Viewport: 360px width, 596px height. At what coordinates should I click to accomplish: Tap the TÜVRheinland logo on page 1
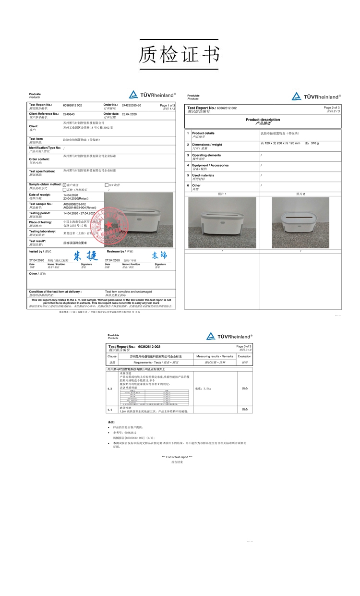153,95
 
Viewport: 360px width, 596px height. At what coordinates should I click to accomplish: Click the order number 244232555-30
132,104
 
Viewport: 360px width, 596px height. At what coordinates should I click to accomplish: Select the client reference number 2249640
69,114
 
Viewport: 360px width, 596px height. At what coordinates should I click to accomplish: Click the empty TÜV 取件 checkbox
106,184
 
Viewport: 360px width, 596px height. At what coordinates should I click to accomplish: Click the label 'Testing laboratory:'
42,231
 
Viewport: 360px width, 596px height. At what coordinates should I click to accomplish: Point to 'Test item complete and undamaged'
128,291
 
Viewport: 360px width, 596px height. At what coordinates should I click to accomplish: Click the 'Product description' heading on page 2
263,120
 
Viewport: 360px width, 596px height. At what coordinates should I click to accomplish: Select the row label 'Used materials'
203,175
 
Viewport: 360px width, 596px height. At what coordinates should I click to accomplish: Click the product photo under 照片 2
300,222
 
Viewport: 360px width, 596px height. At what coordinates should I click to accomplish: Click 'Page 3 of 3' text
243,346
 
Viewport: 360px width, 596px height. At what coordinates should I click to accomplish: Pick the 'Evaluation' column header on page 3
244,356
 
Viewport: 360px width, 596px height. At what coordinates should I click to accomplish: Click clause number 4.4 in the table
110,410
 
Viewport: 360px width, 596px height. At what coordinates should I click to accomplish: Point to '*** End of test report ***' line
177,457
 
